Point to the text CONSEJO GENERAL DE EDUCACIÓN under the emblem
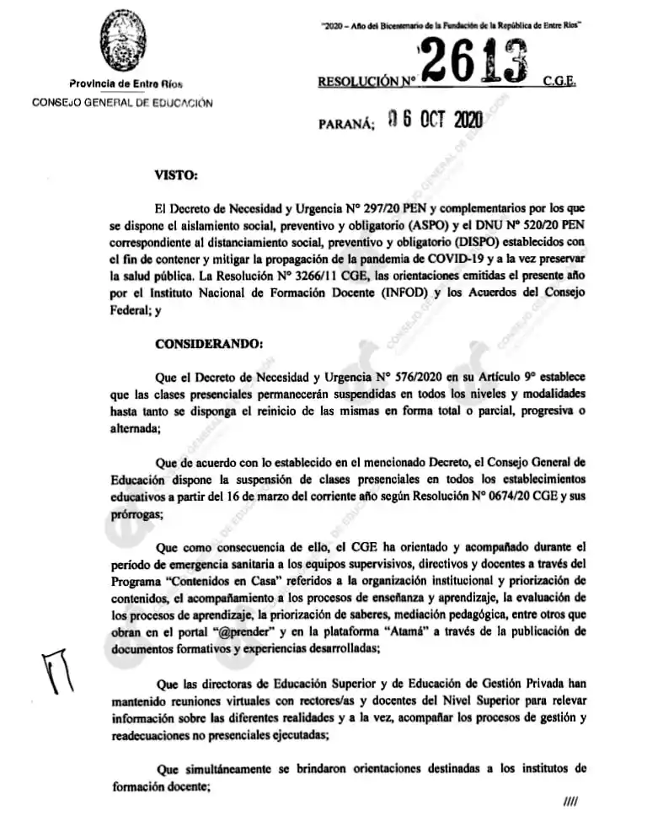click(x=122, y=102)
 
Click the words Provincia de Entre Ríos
click(x=126, y=84)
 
